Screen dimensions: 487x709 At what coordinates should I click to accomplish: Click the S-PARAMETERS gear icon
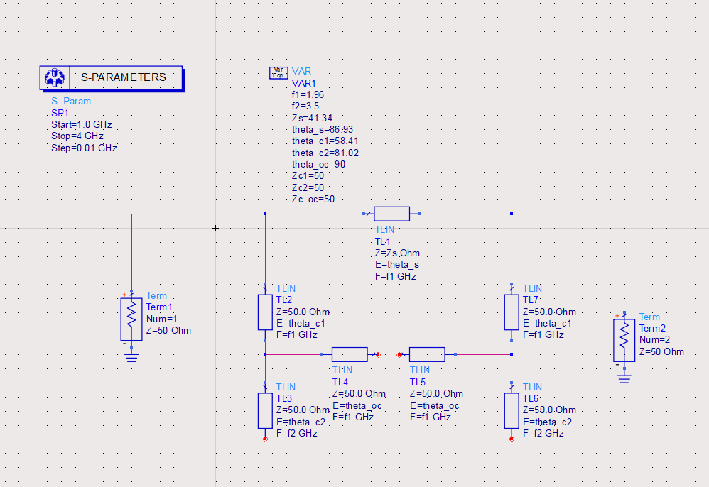pos(54,77)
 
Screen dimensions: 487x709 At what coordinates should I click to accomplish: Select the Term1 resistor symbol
pos(131,319)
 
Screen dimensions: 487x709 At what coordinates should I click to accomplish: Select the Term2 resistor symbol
pos(624,341)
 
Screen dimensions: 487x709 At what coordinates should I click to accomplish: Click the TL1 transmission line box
pos(391,213)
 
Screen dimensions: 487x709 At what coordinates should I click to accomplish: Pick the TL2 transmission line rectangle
pos(265,312)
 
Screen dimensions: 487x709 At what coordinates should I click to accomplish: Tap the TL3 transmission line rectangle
pos(265,410)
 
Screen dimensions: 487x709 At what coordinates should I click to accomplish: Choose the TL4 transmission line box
pos(350,354)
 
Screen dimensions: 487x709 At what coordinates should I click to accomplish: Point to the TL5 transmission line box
pos(427,354)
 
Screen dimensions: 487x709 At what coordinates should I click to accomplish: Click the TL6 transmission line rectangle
pos(512,410)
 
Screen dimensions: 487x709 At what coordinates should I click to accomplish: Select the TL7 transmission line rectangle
pos(512,312)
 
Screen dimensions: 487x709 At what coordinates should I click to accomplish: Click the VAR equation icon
pos(278,72)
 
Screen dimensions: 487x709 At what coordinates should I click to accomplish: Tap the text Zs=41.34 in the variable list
pos(313,117)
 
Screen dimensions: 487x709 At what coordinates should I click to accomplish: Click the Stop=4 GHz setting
pos(77,136)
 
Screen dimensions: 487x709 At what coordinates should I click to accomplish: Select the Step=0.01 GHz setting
pos(84,148)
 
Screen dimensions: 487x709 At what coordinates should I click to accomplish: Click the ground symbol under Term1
pos(131,356)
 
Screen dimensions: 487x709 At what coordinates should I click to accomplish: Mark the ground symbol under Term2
pos(624,378)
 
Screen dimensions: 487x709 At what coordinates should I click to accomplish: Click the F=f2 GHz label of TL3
pos(297,432)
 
